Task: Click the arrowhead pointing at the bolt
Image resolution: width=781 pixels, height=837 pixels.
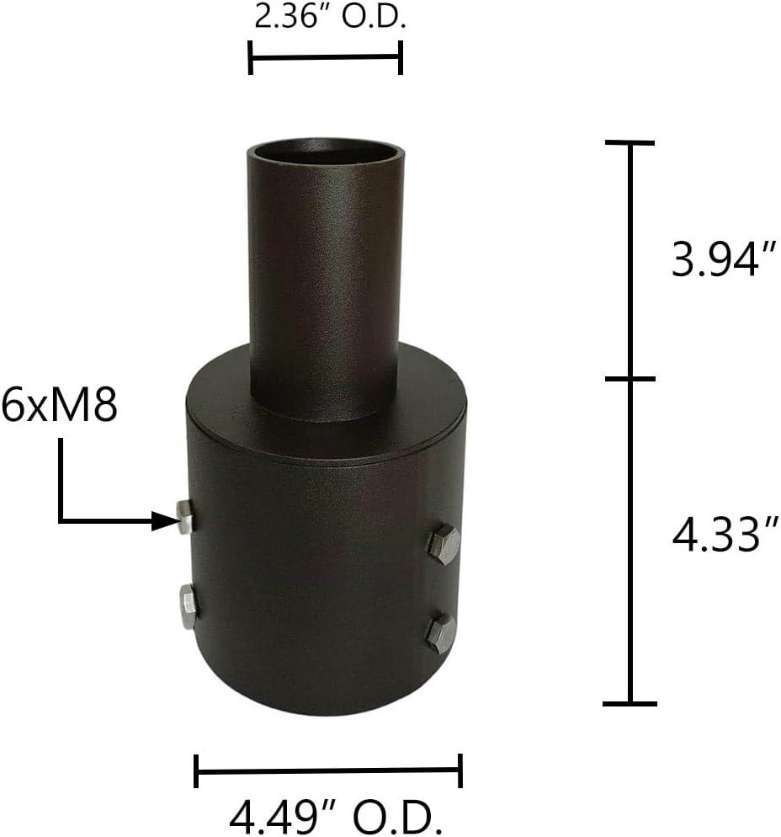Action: click(x=164, y=521)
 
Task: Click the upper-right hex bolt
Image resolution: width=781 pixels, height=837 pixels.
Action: click(x=443, y=544)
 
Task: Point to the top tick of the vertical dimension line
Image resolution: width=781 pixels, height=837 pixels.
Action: click(x=630, y=143)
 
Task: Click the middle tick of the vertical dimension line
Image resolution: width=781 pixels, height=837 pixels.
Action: click(x=630, y=379)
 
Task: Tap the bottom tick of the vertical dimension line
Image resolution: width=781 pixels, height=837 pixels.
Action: click(x=630, y=702)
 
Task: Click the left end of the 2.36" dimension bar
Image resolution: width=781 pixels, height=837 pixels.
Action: click(x=251, y=57)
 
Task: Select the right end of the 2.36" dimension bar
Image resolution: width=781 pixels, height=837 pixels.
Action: click(x=401, y=57)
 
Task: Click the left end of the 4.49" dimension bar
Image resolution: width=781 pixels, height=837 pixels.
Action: click(x=196, y=770)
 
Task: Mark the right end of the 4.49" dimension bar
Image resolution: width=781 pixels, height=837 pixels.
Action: click(x=461, y=770)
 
